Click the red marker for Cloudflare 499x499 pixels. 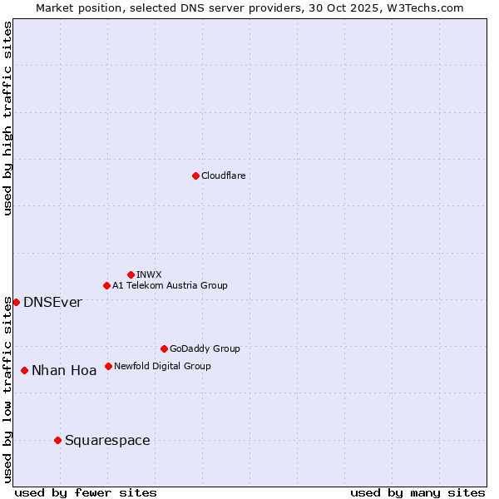195,175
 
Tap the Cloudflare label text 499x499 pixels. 223,175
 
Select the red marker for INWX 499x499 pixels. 131,274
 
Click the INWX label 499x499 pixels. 149,274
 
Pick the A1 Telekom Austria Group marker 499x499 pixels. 106,285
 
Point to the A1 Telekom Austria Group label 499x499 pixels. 170,285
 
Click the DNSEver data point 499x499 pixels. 16,302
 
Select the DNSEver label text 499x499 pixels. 52,302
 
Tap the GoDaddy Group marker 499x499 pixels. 164,348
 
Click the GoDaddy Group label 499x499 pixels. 205,348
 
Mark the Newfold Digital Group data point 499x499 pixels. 108,366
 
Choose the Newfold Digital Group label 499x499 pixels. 162,366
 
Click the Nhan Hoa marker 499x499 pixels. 24,370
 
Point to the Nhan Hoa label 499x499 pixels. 64,370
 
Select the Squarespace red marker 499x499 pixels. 57,440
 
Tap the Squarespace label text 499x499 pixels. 107,440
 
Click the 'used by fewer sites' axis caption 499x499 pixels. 86,492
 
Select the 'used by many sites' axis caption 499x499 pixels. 417,492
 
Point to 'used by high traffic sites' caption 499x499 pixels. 7,118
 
